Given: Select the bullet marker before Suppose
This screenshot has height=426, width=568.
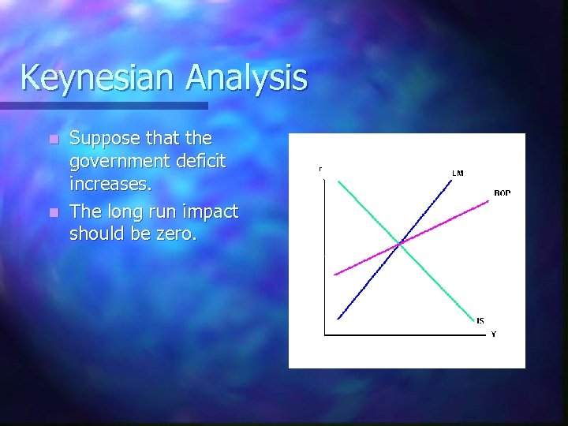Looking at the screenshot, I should [53, 140].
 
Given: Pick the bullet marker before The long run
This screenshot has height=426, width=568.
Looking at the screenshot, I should [53, 213].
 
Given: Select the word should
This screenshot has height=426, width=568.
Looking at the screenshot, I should [95, 234].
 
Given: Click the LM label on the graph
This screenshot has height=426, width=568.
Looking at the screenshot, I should [458, 173].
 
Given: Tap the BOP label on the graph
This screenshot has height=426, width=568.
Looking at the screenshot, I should [502, 193].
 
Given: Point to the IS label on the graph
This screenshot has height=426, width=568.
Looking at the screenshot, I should [480, 320].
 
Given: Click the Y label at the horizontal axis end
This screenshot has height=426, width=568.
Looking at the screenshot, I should [494, 334].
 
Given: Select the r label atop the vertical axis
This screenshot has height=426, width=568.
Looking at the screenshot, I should [320, 169].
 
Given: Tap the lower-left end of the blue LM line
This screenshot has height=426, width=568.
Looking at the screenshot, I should [338, 319].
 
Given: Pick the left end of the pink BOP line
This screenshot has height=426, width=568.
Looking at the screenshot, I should [334, 275].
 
